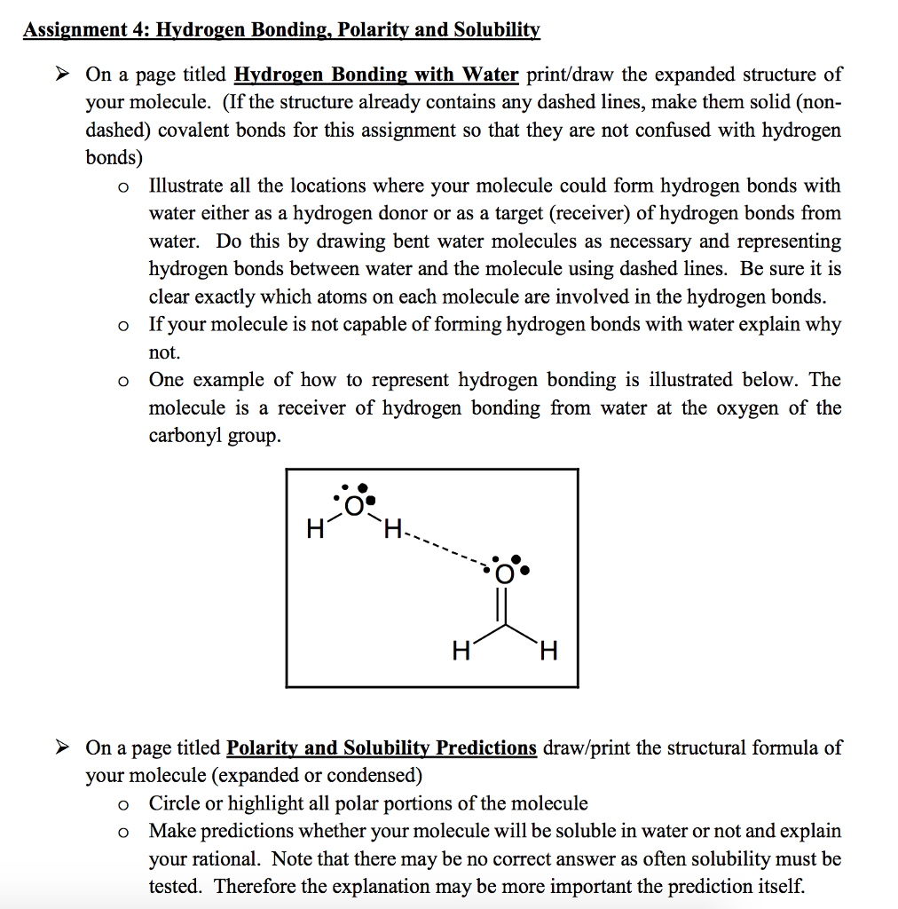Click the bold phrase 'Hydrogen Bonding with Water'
[x=375, y=75]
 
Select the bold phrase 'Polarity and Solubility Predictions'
[x=382, y=747]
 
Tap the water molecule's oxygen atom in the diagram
[x=354, y=506]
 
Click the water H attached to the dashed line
[x=391, y=531]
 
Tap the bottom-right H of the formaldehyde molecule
[x=548, y=652]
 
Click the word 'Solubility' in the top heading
[x=496, y=30]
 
